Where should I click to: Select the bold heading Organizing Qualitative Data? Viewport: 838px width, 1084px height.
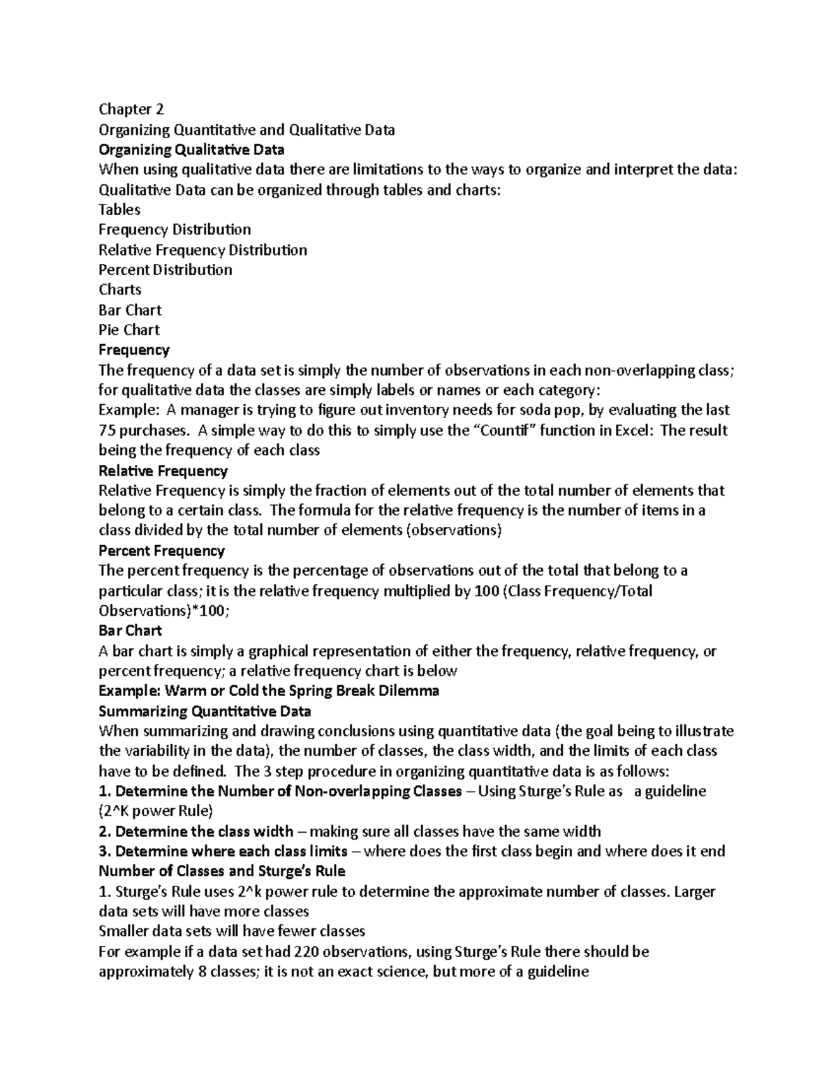pyautogui.click(x=191, y=149)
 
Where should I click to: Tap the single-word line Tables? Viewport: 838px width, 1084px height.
pyautogui.click(x=119, y=209)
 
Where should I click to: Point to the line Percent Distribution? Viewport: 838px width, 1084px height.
pyautogui.click(x=166, y=269)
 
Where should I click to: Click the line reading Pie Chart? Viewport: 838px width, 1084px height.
pyautogui.click(x=129, y=329)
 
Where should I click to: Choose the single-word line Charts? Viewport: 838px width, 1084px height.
pyautogui.click(x=120, y=290)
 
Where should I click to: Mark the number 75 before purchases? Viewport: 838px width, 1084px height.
pyautogui.click(x=107, y=430)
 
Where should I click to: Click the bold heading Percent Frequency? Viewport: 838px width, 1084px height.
pyautogui.click(x=162, y=551)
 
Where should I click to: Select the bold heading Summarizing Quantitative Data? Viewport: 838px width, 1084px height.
pyautogui.click(x=205, y=711)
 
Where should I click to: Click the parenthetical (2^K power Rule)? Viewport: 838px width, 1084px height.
pyautogui.click(x=156, y=811)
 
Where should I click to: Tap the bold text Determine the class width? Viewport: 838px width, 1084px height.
pyautogui.click(x=204, y=831)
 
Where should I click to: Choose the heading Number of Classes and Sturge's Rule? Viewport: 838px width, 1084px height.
pyautogui.click(x=222, y=871)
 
